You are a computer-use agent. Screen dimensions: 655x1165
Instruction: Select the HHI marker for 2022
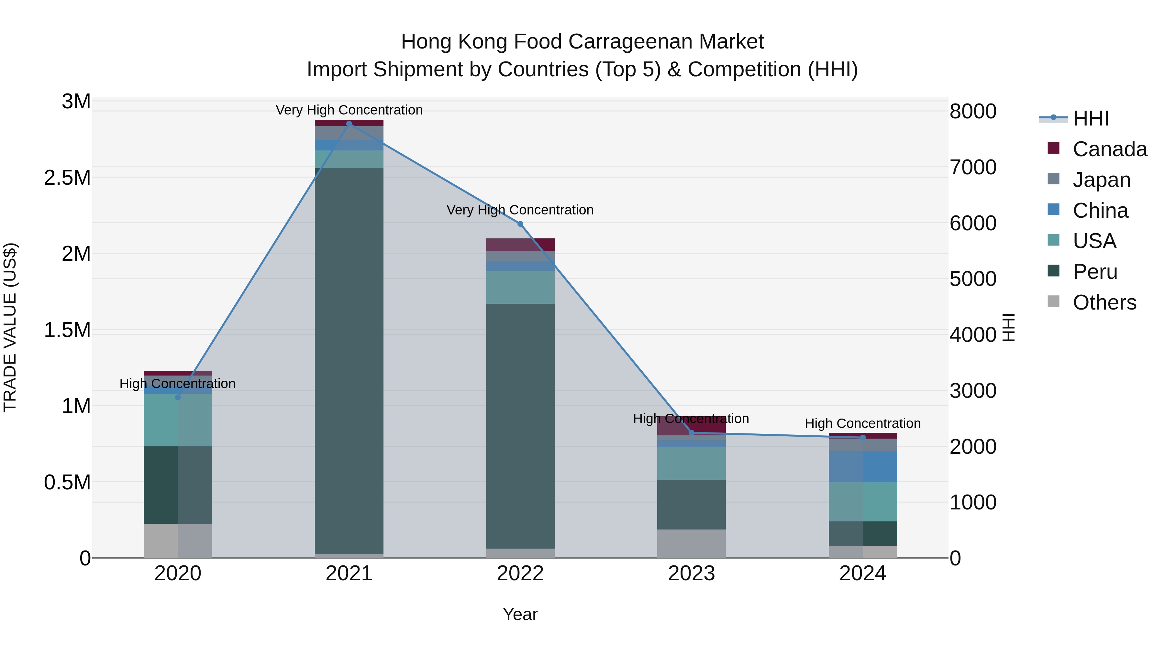coord(520,224)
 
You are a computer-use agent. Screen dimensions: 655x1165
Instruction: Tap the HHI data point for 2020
coord(178,397)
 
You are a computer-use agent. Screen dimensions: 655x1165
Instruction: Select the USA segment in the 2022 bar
coord(520,287)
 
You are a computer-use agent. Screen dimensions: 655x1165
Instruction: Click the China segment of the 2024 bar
coord(862,466)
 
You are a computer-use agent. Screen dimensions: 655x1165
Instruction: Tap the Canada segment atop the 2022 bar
coord(520,245)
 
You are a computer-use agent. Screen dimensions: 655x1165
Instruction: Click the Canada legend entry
coord(1109,149)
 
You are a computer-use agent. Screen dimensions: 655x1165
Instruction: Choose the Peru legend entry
coord(1094,272)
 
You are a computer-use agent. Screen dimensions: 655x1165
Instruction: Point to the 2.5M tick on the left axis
coord(67,178)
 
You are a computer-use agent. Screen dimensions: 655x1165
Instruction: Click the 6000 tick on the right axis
coord(973,223)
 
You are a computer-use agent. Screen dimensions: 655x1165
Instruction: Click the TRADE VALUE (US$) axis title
coord(10,327)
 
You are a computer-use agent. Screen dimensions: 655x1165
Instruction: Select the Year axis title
coord(520,614)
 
